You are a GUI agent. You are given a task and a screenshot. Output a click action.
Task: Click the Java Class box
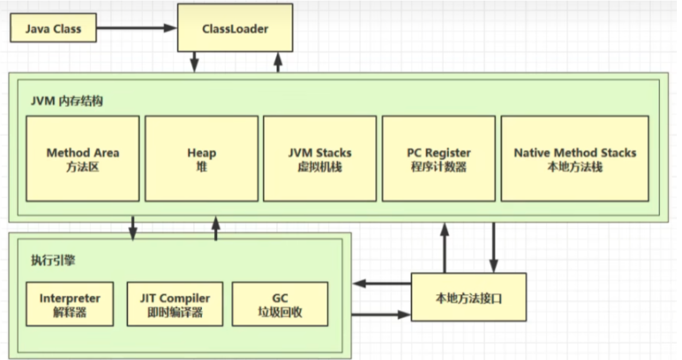pos(53,29)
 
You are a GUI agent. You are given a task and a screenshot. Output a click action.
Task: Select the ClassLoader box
pos(235,28)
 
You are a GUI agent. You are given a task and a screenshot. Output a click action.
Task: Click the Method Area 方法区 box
pos(83,159)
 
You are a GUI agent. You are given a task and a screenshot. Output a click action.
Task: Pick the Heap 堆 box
pos(201,159)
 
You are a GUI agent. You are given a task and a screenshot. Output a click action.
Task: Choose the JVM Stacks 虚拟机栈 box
pos(320,159)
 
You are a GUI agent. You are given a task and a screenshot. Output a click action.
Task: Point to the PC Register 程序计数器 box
pos(438,159)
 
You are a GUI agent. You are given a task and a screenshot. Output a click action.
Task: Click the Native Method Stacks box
pos(575,159)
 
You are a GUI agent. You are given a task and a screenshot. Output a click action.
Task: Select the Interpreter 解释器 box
pos(69,304)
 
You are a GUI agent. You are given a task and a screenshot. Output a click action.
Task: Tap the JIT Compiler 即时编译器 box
pos(175,304)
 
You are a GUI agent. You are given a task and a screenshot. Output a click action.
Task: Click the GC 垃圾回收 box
pos(280,304)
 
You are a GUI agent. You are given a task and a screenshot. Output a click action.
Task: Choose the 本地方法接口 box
pos(468,297)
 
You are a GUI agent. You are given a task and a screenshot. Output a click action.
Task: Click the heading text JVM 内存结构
pos(67,100)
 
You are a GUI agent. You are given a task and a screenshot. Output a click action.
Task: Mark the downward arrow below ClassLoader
pos(195,61)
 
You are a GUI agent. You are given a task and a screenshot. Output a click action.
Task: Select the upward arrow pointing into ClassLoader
pos(278,61)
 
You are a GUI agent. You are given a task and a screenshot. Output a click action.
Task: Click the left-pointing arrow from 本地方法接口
pos(382,283)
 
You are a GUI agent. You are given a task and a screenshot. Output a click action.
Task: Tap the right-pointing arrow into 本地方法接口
pos(382,314)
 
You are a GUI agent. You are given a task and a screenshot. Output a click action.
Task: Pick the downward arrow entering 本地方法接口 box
pos(493,247)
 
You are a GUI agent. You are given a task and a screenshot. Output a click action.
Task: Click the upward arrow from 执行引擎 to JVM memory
pos(216,228)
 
